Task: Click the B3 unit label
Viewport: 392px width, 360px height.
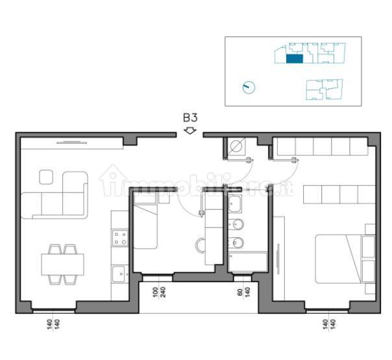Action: pos(190,118)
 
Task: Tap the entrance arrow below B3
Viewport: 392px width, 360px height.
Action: pos(190,131)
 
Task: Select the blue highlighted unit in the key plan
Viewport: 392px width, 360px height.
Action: pos(294,58)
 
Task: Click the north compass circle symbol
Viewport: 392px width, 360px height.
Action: pos(249,88)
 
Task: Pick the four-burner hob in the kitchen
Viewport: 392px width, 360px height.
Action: pos(120,238)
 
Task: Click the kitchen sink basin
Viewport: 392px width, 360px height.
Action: pos(119,274)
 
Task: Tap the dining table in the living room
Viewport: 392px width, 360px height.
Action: pos(62,264)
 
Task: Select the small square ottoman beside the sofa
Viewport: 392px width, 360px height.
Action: pos(46,177)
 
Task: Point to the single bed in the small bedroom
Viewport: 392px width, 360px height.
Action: pos(145,226)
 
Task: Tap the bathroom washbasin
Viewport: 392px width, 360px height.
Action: pos(235,203)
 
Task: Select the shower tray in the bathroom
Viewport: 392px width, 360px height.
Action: pos(248,262)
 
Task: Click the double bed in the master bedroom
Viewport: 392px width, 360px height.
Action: pos(345,259)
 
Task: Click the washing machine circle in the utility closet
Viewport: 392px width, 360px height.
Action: pos(236,146)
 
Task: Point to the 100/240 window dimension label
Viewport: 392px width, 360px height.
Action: pos(159,292)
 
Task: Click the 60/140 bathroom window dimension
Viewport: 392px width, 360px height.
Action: pos(244,292)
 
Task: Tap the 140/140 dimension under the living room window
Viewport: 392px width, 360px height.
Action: pos(53,324)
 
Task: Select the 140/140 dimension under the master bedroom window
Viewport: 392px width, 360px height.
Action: pos(329,324)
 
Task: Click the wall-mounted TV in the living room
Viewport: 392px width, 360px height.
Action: pos(72,143)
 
